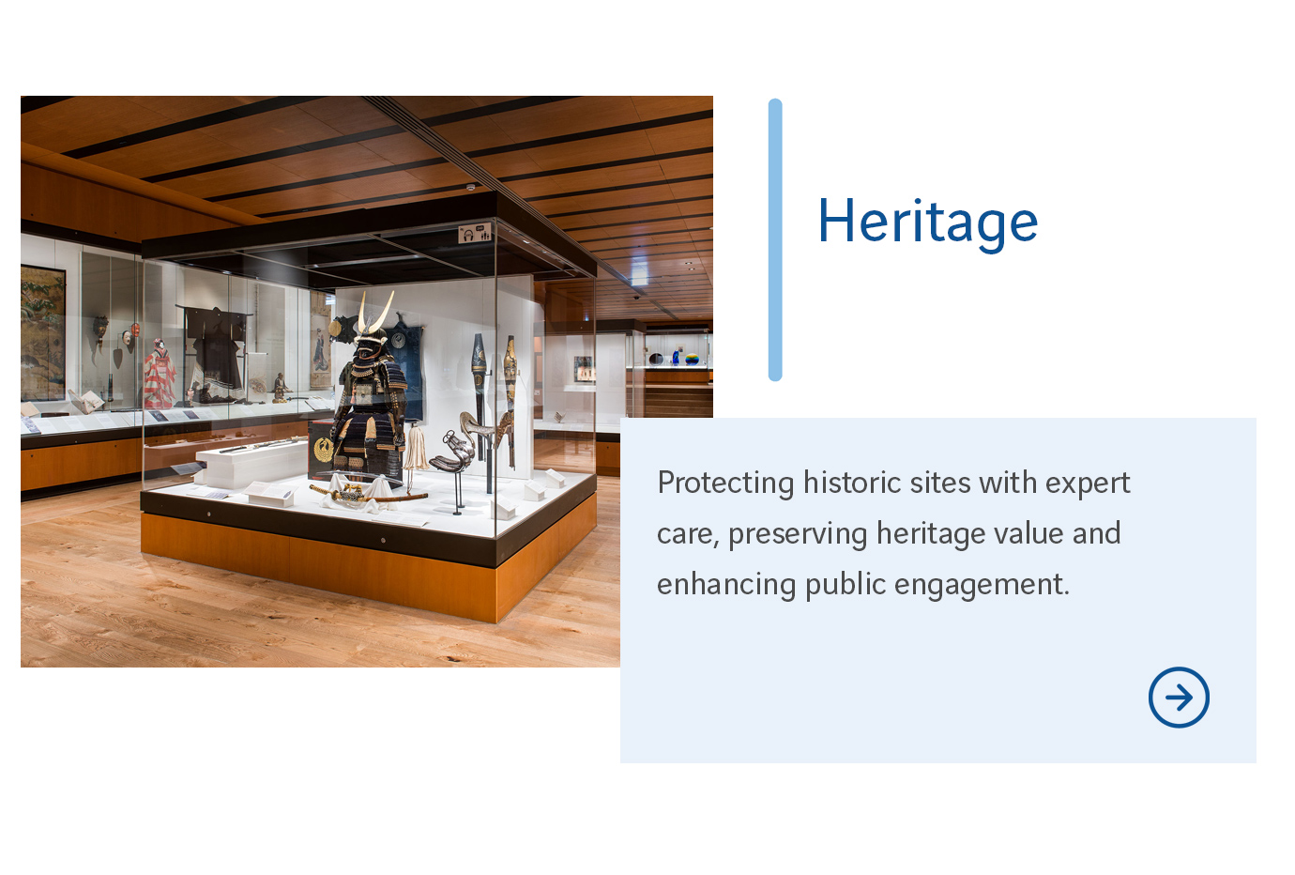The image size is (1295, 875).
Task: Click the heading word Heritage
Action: point(927,223)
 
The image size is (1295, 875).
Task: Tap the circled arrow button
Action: point(1179,698)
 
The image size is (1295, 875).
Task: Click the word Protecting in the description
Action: point(725,483)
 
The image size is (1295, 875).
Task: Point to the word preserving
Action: point(798,534)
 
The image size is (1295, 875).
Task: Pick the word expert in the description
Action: point(1088,484)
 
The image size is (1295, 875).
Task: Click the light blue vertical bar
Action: point(775,239)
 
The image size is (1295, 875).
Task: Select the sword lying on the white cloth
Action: point(366,493)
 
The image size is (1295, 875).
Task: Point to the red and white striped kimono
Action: point(160,376)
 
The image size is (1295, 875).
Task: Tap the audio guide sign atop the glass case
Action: point(475,233)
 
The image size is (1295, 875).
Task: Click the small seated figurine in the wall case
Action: point(280,386)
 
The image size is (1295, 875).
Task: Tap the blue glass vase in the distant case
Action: point(675,358)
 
